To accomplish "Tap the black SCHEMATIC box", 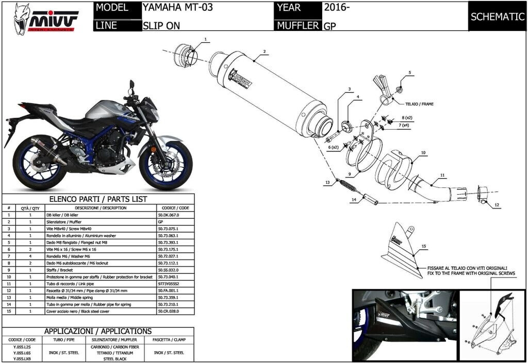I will tap(497, 16).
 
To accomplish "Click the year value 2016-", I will tap(337, 8).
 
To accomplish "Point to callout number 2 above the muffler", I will tap(264, 51).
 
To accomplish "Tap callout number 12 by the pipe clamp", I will tap(496, 205).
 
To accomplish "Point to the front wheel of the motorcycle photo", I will tap(166, 164).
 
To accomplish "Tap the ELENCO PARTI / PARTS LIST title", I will tap(98, 199).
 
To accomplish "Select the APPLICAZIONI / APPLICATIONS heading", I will tap(98, 331).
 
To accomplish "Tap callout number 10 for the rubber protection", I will tap(423, 153).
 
